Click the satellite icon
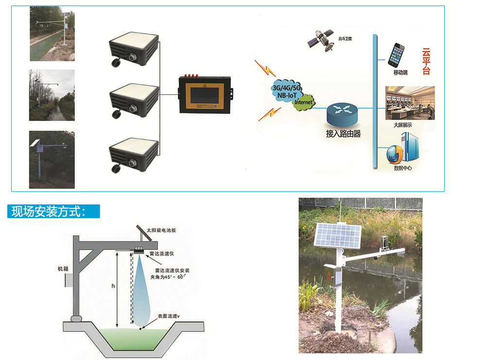click(x=322, y=39)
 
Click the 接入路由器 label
click(x=343, y=134)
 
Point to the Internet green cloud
click(x=304, y=103)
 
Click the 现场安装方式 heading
click(x=49, y=211)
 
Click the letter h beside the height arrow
click(x=113, y=287)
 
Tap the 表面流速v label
click(x=169, y=316)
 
